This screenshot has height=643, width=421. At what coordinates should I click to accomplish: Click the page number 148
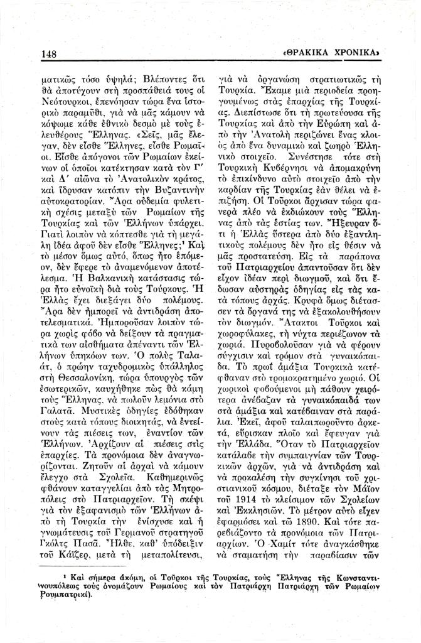coord(48,54)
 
